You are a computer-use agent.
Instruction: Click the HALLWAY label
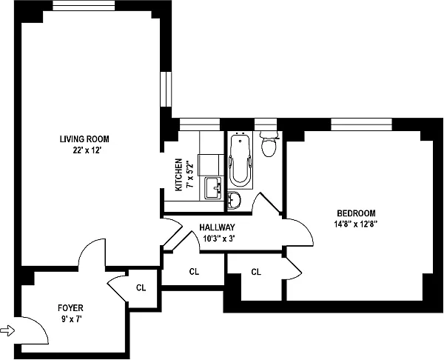point(218,228)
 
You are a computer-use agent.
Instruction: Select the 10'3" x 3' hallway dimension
point(218,239)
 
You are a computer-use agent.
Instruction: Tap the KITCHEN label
point(178,175)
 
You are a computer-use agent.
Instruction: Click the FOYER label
point(71,307)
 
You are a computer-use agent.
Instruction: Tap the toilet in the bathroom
point(269,144)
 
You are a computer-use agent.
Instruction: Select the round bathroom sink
point(233,200)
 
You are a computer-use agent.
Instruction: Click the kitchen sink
point(214,187)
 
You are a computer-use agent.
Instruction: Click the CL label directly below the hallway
point(194,272)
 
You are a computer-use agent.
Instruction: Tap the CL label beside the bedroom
point(256,272)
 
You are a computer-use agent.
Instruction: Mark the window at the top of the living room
point(84,7)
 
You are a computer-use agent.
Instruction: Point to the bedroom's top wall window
point(360,123)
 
